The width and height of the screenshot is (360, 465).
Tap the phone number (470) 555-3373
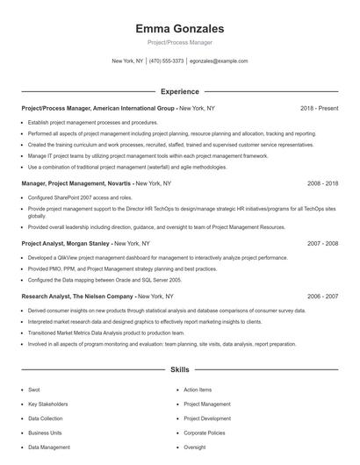(x=167, y=61)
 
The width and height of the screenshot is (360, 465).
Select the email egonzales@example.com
(x=219, y=61)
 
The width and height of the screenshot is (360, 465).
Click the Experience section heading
(x=179, y=91)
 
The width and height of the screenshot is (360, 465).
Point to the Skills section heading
(x=179, y=370)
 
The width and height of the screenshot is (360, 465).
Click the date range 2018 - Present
(x=319, y=108)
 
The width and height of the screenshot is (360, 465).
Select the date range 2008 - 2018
(x=321, y=183)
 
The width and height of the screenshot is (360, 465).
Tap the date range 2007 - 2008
(x=321, y=242)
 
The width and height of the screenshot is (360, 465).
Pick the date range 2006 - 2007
(x=321, y=297)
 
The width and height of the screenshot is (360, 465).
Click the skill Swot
(x=34, y=390)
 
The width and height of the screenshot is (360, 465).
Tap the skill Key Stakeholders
(x=48, y=404)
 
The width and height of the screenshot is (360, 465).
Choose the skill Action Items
(x=198, y=390)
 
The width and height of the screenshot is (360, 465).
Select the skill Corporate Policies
(x=205, y=433)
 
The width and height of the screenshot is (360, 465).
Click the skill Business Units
(x=45, y=433)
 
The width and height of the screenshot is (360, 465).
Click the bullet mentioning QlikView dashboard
(x=157, y=258)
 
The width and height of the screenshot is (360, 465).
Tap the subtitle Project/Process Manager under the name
(x=179, y=42)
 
